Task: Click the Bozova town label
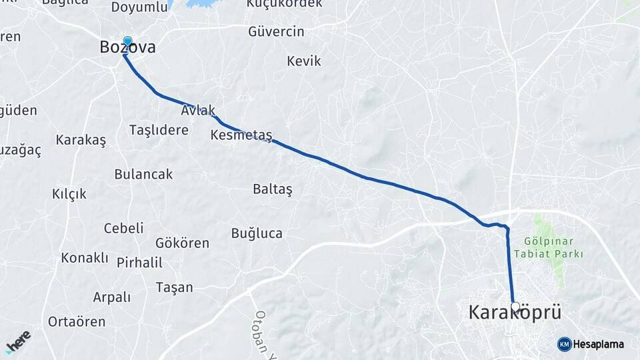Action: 127,48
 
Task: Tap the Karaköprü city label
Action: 515,312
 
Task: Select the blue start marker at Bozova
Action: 127,41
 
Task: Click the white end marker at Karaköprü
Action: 515,306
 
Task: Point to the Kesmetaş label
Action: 241,135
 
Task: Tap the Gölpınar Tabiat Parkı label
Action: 549,247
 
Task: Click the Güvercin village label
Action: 276,31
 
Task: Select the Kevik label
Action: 303,61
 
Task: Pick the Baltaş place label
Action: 273,189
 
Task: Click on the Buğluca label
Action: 257,233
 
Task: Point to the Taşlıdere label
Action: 159,130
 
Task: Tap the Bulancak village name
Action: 143,174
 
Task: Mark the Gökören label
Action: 182,243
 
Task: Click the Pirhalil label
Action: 139,263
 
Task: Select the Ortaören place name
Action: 77,321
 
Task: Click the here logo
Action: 18,341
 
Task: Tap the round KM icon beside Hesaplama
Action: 564,344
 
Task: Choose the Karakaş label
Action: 81,140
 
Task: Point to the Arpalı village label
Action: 112,297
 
